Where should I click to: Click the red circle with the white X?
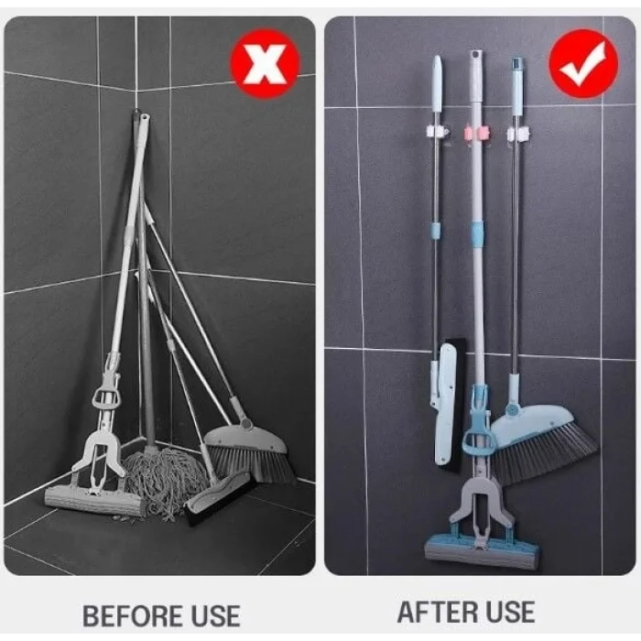(264, 63)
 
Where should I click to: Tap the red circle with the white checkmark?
(583, 64)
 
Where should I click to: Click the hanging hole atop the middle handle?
(476, 57)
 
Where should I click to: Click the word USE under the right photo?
(509, 612)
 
